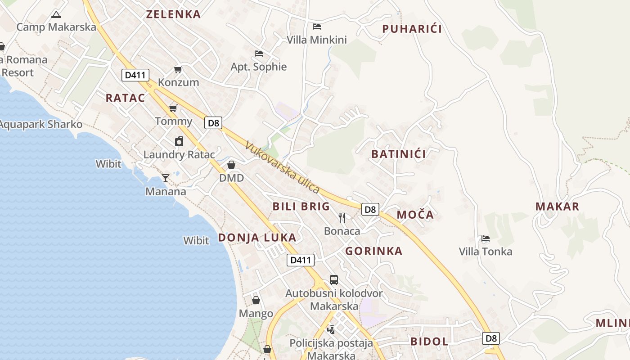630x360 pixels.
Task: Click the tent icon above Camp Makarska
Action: [56, 14]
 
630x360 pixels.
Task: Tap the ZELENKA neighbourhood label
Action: [173, 14]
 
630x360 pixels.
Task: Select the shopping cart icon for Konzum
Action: [178, 70]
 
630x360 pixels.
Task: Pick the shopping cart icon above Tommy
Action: [173, 108]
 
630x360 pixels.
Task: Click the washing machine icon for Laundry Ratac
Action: [179, 141]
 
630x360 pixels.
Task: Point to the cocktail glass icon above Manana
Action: [166, 178]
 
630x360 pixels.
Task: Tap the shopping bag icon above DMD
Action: [231, 165]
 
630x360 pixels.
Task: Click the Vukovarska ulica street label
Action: [283, 167]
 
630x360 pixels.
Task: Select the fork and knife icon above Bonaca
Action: [342, 218]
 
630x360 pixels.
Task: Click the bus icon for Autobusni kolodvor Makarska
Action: [333, 280]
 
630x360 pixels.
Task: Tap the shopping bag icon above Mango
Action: [256, 300]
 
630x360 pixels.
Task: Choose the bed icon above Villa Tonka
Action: [485, 238]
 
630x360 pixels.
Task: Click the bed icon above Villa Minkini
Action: [317, 26]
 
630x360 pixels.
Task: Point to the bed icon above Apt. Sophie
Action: [258, 54]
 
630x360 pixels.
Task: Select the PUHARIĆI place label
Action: [412, 29]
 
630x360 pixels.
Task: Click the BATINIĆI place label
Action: [399, 154]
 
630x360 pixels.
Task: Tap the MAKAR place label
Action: [557, 207]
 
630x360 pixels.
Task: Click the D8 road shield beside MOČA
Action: [370, 209]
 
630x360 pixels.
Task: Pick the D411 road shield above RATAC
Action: [135, 75]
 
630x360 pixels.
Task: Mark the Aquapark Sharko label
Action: [41, 124]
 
